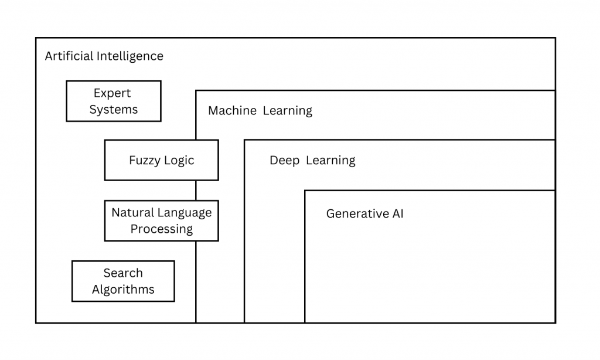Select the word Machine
pos(233,110)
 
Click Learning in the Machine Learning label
pos(287,110)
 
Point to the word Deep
pos(284,160)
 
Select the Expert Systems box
pos(113,101)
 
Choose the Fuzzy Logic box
pos(161,160)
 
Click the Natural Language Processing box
pos(161,220)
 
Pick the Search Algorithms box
pos(123,281)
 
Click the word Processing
pos(162,229)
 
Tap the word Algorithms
pos(123,290)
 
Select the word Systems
pos(114,110)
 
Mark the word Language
pos(184,212)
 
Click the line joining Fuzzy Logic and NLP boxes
pos(196,190)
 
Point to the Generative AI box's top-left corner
pos(305,191)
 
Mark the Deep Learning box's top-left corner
pos(244,140)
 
